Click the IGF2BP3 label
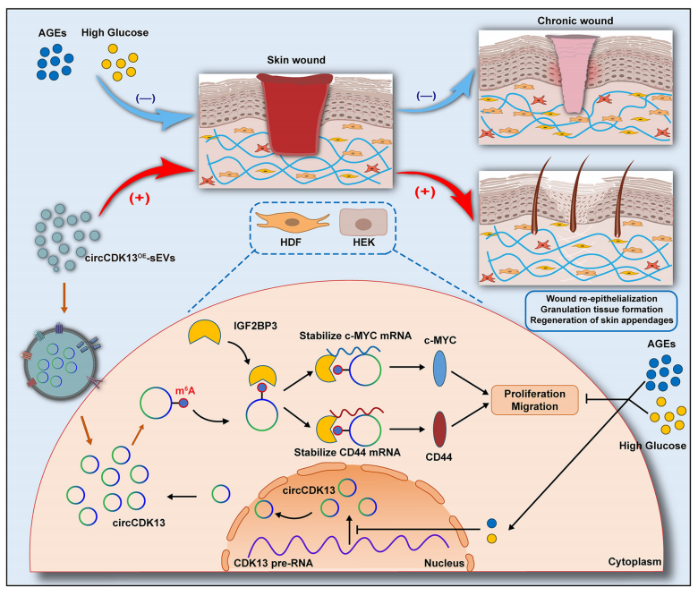pyautogui.click(x=255, y=326)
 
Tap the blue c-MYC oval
pyautogui.click(x=439, y=368)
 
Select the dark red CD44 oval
pyautogui.click(x=439, y=429)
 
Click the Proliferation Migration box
pyautogui.click(x=534, y=400)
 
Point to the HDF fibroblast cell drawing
pyautogui.click(x=293, y=222)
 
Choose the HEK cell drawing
pyautogui.click(x=363, y=222)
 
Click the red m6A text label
pyautogui.click(x=185, y=391)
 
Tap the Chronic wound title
pyautogui.click(x=575, y=21)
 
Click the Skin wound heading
pyautogui.click(x=296, y=60)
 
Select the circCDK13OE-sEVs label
pyautogui.click(x=130, y=258)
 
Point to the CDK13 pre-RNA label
pyautogui.click(x=273, y=563)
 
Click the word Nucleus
pyautogui.click(x=444, y=563)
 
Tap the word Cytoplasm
pyautogui.click(x=634, y=562)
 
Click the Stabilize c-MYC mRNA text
pyautogui.click(x=355, y=336)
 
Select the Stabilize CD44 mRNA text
pyautogui.click(x=347, y=452)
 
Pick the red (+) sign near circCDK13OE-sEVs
pyautogui.click(x=140, y=198)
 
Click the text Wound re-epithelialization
pyautogui.click(x=601, y=299)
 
